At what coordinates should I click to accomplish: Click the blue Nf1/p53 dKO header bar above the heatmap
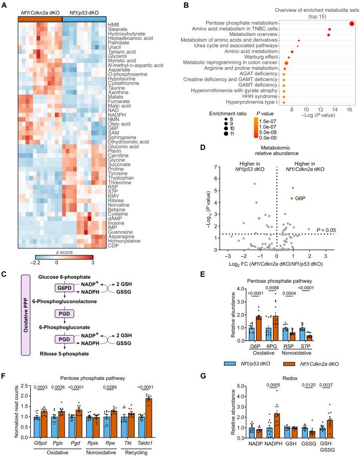pos(84,18)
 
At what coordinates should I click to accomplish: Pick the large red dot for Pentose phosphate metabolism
pos(352,23)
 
